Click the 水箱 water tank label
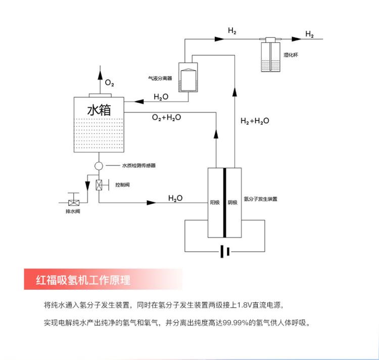point(99,110)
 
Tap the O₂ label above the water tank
point(110,82)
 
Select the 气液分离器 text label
point(159,78)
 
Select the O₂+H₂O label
point(166,117)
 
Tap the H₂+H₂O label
point(254,121)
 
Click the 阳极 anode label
point(215,202)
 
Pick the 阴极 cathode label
point(232,202)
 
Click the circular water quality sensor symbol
point(99,165)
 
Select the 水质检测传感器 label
point(138,165)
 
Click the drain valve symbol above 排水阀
point(73,199)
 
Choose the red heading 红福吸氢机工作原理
point(84,279)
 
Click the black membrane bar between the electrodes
point(223,202)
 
